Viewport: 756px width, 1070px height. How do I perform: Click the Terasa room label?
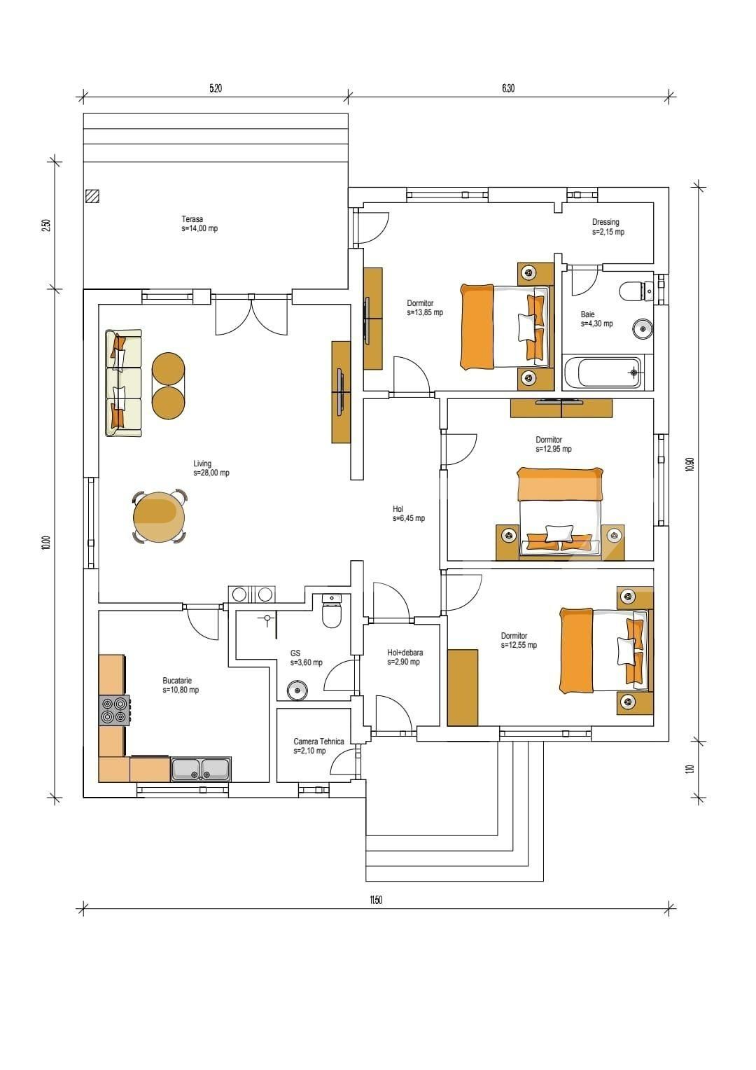point(192,219)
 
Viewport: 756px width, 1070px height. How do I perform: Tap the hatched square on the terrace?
point(92,196)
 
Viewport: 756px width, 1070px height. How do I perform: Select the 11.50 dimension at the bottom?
point(376,901)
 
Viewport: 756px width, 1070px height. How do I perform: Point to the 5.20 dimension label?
point(216,88)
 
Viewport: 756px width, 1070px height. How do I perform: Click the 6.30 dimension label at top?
point(508,88)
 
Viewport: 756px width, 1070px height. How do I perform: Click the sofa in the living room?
point(123,383)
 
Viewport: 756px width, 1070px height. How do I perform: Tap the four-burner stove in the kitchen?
point(114,710)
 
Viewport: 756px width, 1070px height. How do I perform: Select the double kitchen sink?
point(201,769)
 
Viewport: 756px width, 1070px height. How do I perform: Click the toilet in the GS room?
point(330,613)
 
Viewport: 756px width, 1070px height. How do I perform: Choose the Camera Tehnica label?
point(318,742)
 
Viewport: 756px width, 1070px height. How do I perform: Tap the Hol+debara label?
point(405,653)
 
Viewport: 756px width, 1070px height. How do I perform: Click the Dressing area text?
point(605,222)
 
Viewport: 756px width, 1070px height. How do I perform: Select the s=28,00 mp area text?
point(211,473)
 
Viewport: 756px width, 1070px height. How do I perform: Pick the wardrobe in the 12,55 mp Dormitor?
point(462,688)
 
